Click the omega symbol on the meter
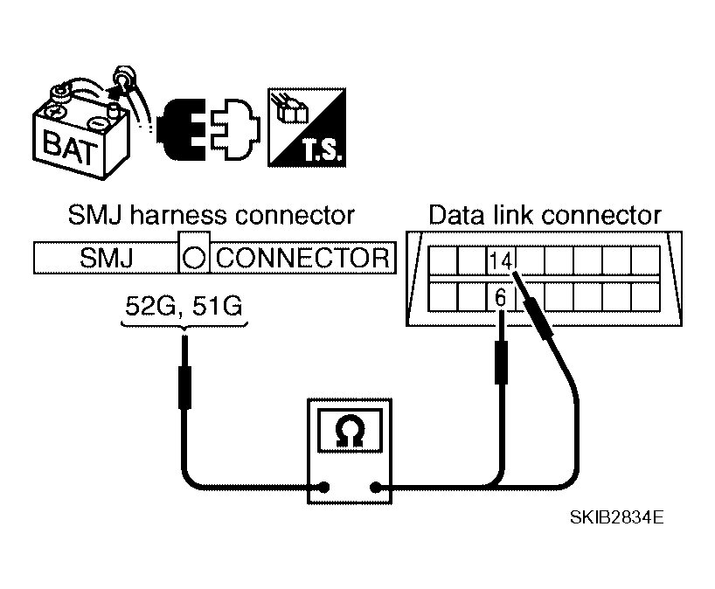(x=351, y=430)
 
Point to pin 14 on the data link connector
(x=501, y=260)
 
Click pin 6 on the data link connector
(x=501, y=297)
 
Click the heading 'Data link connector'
(x=545, y=215)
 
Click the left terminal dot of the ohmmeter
(x=323, y=489)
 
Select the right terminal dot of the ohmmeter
(x=377, y=489)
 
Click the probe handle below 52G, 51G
(x=184, y=387)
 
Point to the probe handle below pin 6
(x=501, y=362)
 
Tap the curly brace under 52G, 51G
(x=184, y=328)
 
